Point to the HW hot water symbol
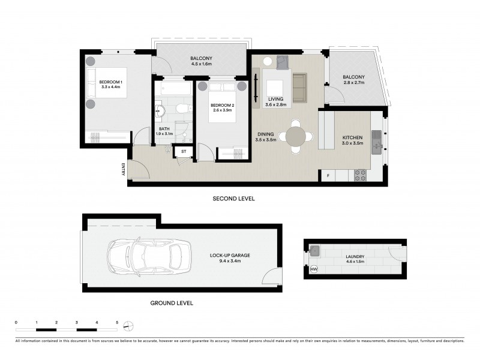point(314,269)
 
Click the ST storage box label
point(184,151)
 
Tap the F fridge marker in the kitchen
point(328,175)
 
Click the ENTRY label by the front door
point(124,170)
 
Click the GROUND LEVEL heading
point(172,304)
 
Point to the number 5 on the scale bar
point(117,323)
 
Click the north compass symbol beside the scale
point(128,326)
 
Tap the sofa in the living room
point(299,87)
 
